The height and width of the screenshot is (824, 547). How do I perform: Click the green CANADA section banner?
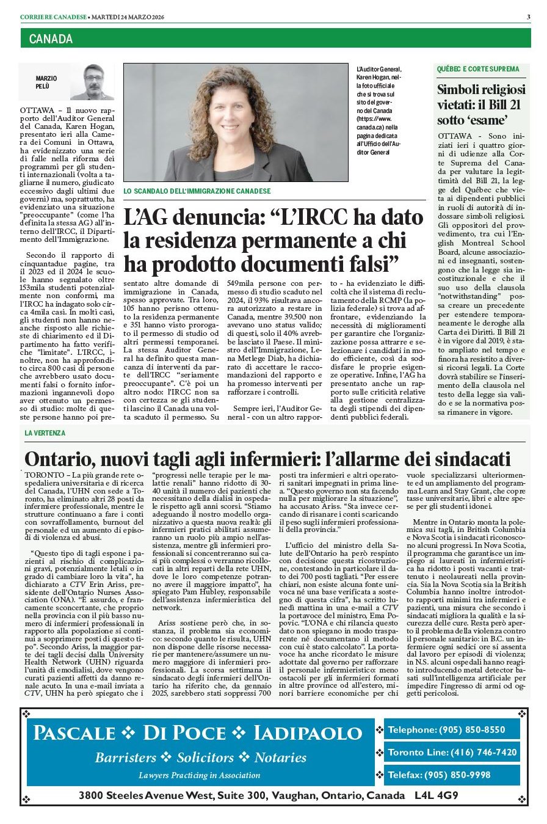point(275,39)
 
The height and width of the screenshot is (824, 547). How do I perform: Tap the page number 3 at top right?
point(528,16)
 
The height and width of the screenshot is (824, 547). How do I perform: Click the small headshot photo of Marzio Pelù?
point(92,82)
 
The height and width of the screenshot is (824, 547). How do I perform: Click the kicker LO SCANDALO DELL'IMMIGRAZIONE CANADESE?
point(197,191)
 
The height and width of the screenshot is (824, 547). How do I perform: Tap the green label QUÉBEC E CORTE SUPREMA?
point(478,69)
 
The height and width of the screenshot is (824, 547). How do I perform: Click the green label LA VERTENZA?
point(45,432)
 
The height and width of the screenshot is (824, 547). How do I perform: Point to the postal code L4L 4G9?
point(437,795)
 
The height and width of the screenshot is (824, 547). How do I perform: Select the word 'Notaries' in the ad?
point(280,758)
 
